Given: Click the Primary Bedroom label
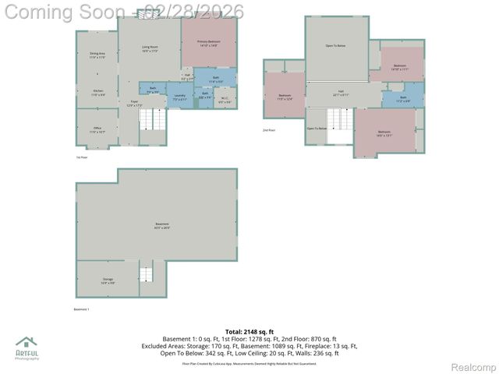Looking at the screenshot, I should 207,44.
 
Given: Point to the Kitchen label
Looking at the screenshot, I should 97,93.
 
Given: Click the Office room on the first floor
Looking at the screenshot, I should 97,130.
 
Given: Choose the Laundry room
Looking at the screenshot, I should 179,97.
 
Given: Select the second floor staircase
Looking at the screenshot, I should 340,120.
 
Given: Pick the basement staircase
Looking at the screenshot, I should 147,274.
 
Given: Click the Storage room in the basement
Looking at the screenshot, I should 108,280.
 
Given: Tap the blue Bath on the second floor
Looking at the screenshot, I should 403,98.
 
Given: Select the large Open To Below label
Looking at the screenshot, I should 335,46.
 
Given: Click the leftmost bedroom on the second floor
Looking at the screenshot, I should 285,97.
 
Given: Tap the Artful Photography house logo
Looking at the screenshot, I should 26,343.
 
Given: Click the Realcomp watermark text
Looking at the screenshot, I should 473,367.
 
